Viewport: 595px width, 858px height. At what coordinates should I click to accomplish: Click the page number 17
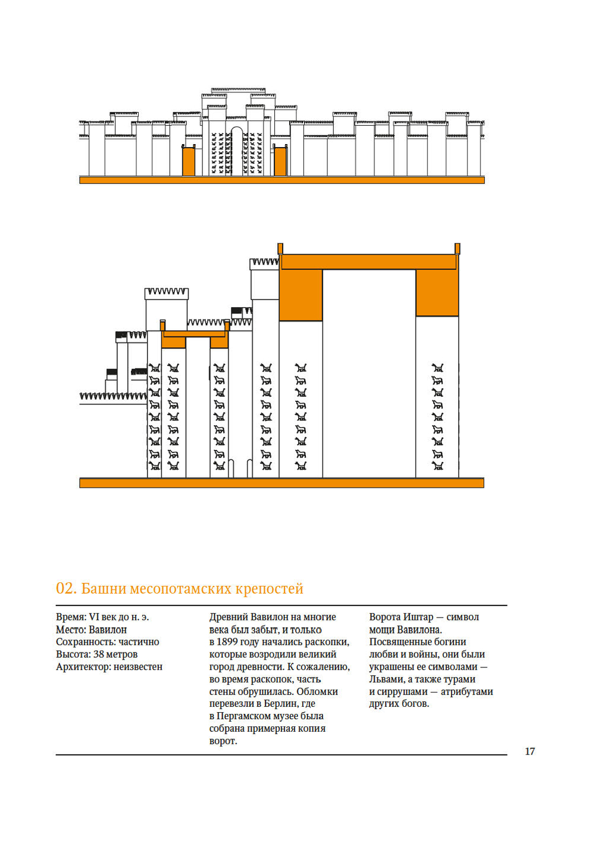(530, 751)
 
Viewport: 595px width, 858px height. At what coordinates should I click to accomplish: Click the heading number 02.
(65, 589)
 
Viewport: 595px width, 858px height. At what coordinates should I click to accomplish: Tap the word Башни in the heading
(103, 589)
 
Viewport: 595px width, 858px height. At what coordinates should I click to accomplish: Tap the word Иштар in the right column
(417, 617)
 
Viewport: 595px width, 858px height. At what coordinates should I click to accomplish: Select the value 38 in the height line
(99, 654)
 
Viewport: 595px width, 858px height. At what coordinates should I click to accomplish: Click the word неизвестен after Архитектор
(138, 667)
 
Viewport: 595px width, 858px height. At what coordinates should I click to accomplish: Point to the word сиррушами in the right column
(402, 692)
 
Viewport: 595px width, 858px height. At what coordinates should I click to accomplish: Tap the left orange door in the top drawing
(189, 161)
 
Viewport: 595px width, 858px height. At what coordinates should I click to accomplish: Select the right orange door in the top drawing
(280, 161)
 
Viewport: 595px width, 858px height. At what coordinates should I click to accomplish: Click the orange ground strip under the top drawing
(281, 180)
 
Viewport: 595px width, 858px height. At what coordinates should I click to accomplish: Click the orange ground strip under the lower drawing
(281, 483)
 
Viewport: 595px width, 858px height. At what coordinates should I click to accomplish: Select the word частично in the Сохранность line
(139, 642)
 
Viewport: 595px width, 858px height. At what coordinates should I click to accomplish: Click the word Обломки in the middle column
(317, 692)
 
